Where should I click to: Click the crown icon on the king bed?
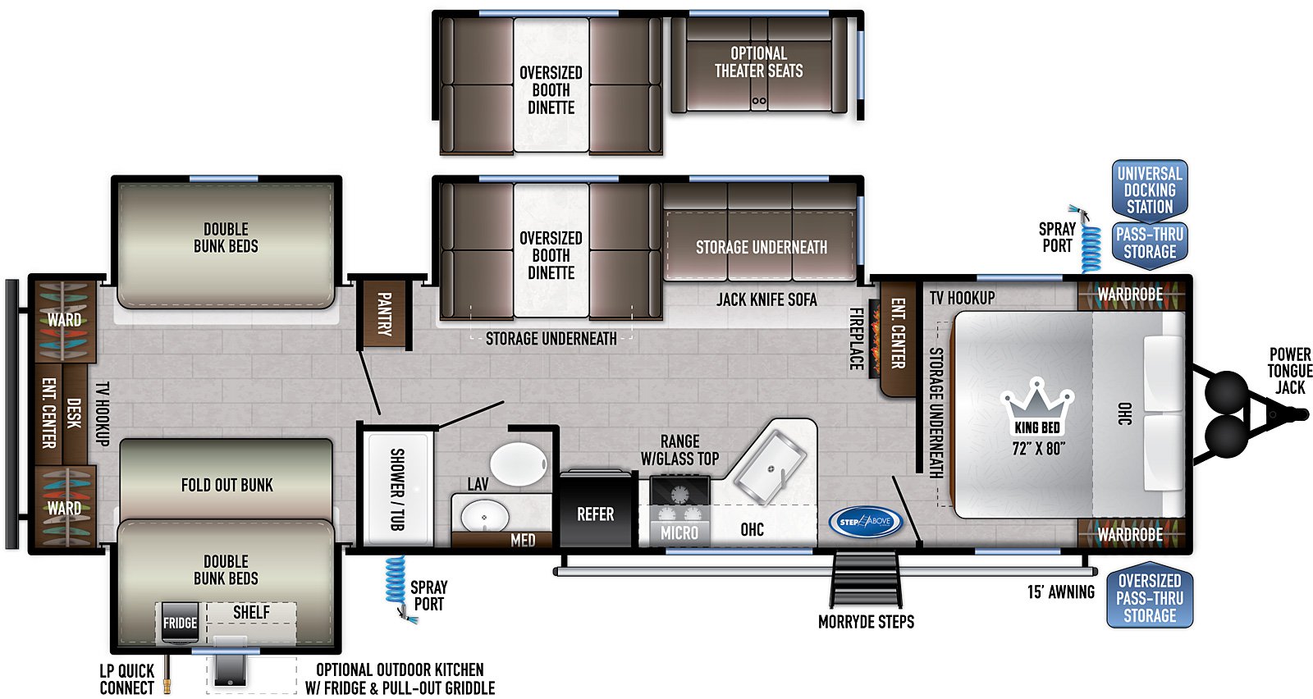1037,399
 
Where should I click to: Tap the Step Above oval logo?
866,522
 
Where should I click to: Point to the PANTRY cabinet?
383,314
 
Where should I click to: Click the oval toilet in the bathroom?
519,464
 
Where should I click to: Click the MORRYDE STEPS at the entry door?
866,579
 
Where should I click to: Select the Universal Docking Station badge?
1150,190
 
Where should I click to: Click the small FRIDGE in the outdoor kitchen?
180,622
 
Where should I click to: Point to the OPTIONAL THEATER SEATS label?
758,62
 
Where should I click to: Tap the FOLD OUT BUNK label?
226,485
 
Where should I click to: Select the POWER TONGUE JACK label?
1289,371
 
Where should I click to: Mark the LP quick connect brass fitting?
167,675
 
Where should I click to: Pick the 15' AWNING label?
1060,592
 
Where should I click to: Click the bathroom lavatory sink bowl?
484,517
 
